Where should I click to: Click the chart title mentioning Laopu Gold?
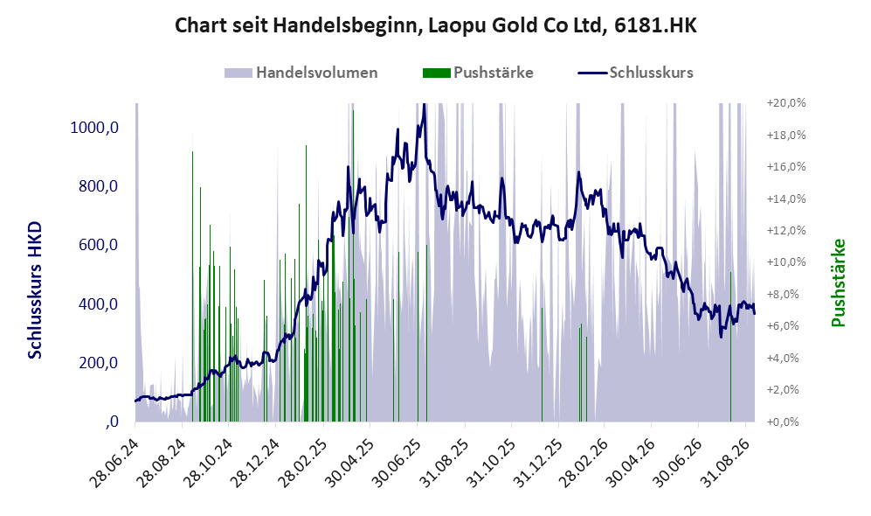tap(435, 25)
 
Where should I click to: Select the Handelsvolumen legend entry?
tap(301, 73)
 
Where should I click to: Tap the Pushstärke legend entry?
tap(478, 73)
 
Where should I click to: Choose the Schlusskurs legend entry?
tap(635, 73)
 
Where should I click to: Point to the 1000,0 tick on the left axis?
tap(94, 128)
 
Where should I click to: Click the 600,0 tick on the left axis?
tap(99, 245)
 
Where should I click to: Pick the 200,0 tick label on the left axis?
tap(99, 363)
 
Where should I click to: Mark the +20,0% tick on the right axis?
tap(786, 103)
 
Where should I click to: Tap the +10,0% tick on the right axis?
tap(786, 261)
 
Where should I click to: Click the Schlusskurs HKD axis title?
tap(35, 289)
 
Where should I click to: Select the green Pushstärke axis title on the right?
tap(838, 282)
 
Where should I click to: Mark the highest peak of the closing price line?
tap(424, 104)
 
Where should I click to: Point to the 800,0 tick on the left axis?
tap(99, 186)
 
